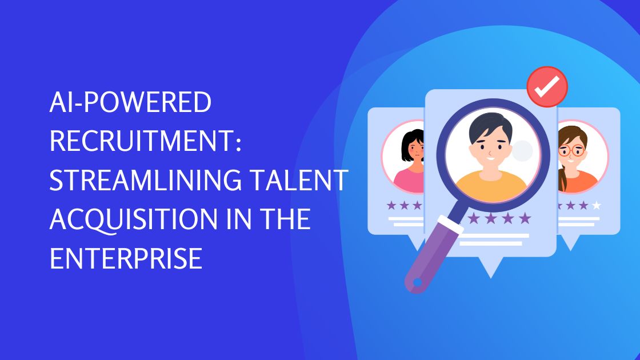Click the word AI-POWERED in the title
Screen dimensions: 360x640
click(131, 103)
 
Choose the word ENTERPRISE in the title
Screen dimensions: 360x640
click(126, 259)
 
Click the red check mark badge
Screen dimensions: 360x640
click(546, 87)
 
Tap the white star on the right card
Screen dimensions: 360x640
click(597, 205)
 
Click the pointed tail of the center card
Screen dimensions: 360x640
click(490, 267)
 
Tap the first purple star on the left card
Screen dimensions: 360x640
click(391, 205)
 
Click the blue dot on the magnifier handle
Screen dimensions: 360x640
click(417, 282)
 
